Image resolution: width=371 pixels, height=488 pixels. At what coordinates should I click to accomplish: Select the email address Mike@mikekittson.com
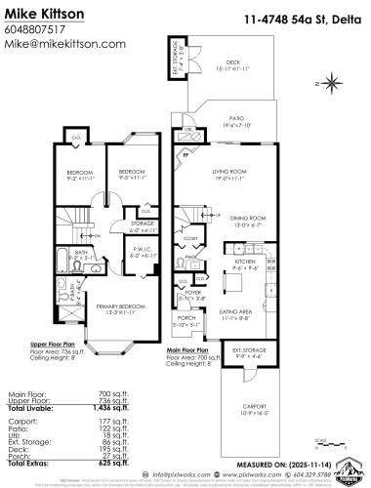click(66, 45)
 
